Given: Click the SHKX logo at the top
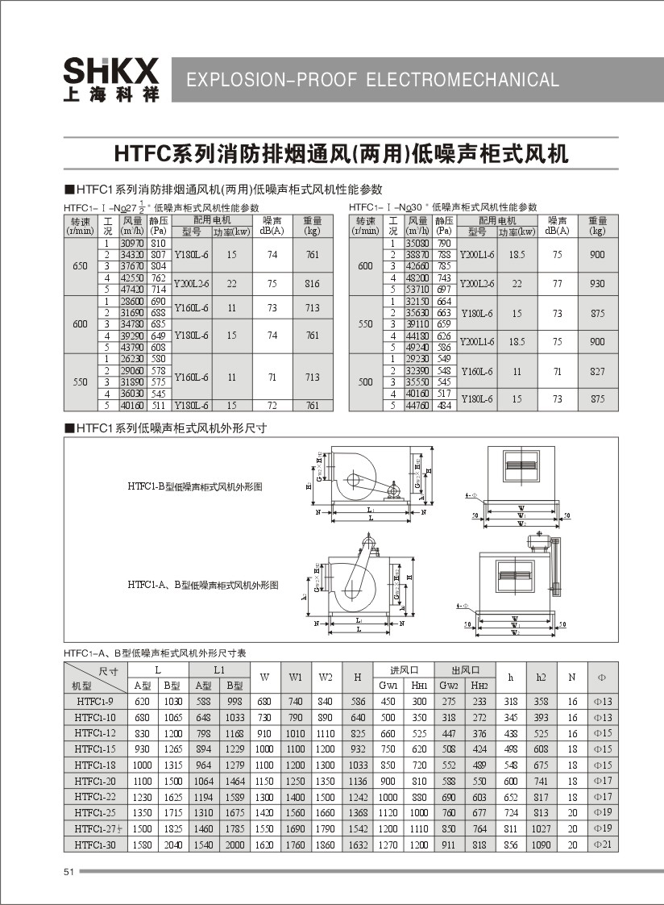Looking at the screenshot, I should click(x=111, y=78).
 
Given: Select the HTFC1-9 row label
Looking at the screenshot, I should click(x=95, y=702).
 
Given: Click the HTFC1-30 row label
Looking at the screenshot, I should click(x=95, y=844).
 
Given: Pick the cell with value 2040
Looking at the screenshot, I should click(x=172, y=844).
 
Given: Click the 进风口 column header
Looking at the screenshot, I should click(x=405, y=670).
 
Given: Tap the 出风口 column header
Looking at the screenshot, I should click(x=465, y=670).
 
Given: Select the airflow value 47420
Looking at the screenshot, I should click(x=131, y=289).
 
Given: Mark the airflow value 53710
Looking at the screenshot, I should click(x=417, y=289).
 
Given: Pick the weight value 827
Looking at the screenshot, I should click(x=597, y=371).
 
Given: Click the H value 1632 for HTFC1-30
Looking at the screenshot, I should click(x=359, y=844).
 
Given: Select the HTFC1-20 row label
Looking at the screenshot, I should click(x=95, y=781).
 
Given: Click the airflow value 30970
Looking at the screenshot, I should click(x=131, y=243).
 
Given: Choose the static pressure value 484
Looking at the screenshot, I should click(x=444, y=405).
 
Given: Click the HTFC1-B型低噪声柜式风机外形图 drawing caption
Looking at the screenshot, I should click(x=195, y=486).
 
